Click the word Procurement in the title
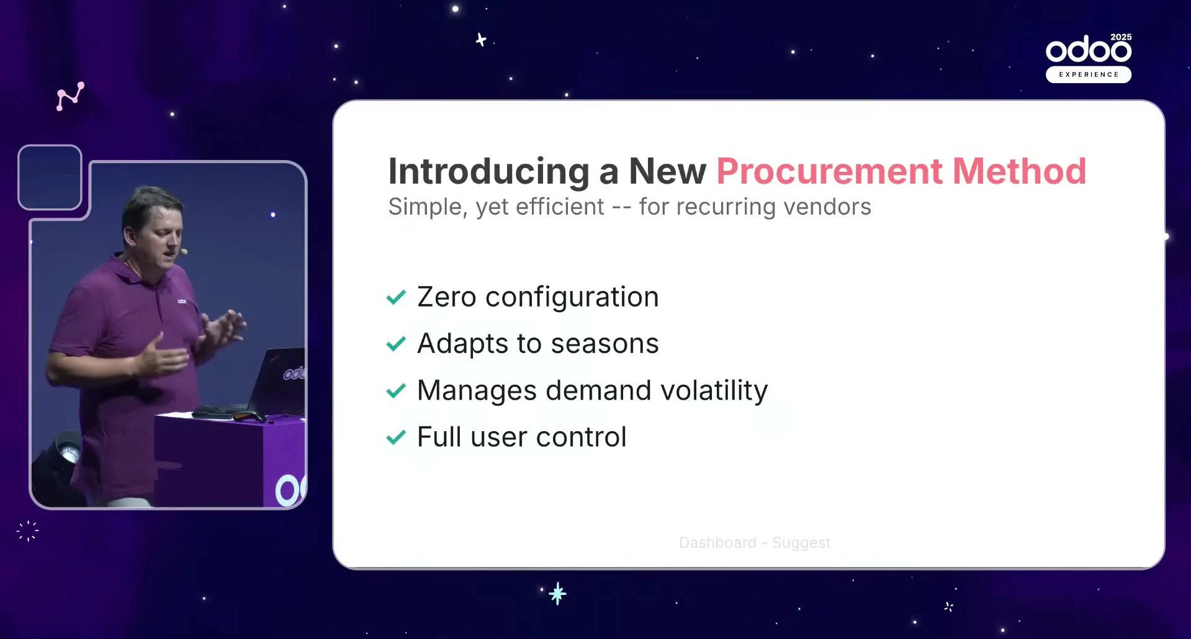click(x=829, y=171)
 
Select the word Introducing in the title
click(x=488, y=171)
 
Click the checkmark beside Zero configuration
click(x=396, y=298)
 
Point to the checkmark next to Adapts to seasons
click(x=396, y=344)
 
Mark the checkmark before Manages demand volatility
click(x=396, y=391)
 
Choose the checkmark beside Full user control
click(x=396, y=437)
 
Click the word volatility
click(x=714, y=391)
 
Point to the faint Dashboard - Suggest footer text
click(x=755, y=543)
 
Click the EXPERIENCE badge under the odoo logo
click(x=1089, y=74)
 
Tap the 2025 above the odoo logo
click(x=1121, y=37)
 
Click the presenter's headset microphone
click(x=184, y=252)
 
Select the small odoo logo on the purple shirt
click(x=182, y=302)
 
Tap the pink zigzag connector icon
click(x=70, y=96)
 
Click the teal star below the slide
click(x=558, y=594)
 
